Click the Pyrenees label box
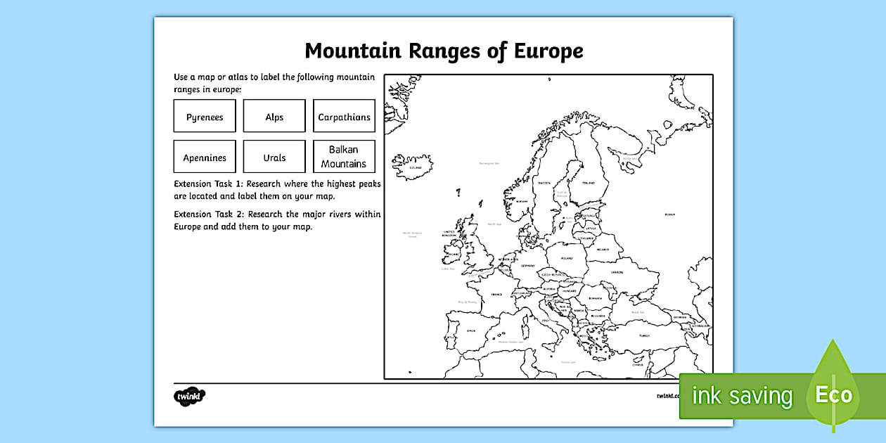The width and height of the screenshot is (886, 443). coord(205,117)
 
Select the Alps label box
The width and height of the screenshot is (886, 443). coord(274,117)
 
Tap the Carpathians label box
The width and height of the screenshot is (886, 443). coord(344,117)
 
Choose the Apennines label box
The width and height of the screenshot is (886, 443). coord(205,158)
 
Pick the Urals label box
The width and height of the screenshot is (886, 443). coord(274,158)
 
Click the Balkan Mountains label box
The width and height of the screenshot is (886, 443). coord(344,157)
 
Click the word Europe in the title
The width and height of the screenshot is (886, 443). coord(548,51)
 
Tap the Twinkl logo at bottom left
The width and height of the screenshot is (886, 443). coord(189,397)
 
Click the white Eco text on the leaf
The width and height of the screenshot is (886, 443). coord(833,394)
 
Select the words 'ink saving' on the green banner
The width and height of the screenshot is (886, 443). coord(742,396)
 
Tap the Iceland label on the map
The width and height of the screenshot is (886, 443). coord(416,168)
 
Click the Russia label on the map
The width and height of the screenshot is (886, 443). coord(669,214)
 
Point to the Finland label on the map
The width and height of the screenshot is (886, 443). coord(588,183)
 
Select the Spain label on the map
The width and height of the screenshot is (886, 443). coord(471,330)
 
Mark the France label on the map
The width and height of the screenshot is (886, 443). coord(496,295)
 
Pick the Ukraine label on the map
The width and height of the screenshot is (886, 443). coord(617,271)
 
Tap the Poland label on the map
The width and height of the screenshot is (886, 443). coord(567,258)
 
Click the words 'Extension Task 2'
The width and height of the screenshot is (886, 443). coord(210,214)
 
